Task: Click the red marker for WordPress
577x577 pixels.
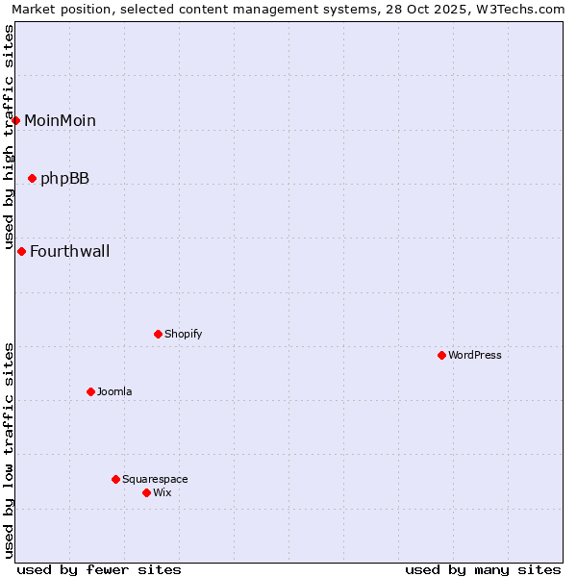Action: [441, 355]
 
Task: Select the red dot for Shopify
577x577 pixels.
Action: [158, 334]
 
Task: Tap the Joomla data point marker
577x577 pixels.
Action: [90, 391]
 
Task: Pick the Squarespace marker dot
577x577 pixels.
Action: [115, 479]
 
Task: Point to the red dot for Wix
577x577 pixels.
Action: [146, 492]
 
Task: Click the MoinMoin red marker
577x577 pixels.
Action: [16, 120]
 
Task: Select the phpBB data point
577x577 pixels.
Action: [32, 178]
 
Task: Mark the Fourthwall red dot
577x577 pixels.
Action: [21, 251]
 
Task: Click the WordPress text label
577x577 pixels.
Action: [475, 355]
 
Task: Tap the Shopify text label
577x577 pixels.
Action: [183, 334]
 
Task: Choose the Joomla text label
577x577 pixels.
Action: [114, 391]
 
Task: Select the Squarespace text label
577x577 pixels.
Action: [155, 479]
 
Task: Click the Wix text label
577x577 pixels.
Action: [163, 492]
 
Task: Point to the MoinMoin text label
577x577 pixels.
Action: [60, 120]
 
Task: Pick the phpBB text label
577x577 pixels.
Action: [64, 178]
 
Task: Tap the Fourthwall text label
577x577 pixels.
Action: [69, 252]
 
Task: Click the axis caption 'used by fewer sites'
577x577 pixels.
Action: [99, 569]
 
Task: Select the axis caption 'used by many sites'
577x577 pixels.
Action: [483, 569]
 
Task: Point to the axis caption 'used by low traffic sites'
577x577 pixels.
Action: [10, 449]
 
